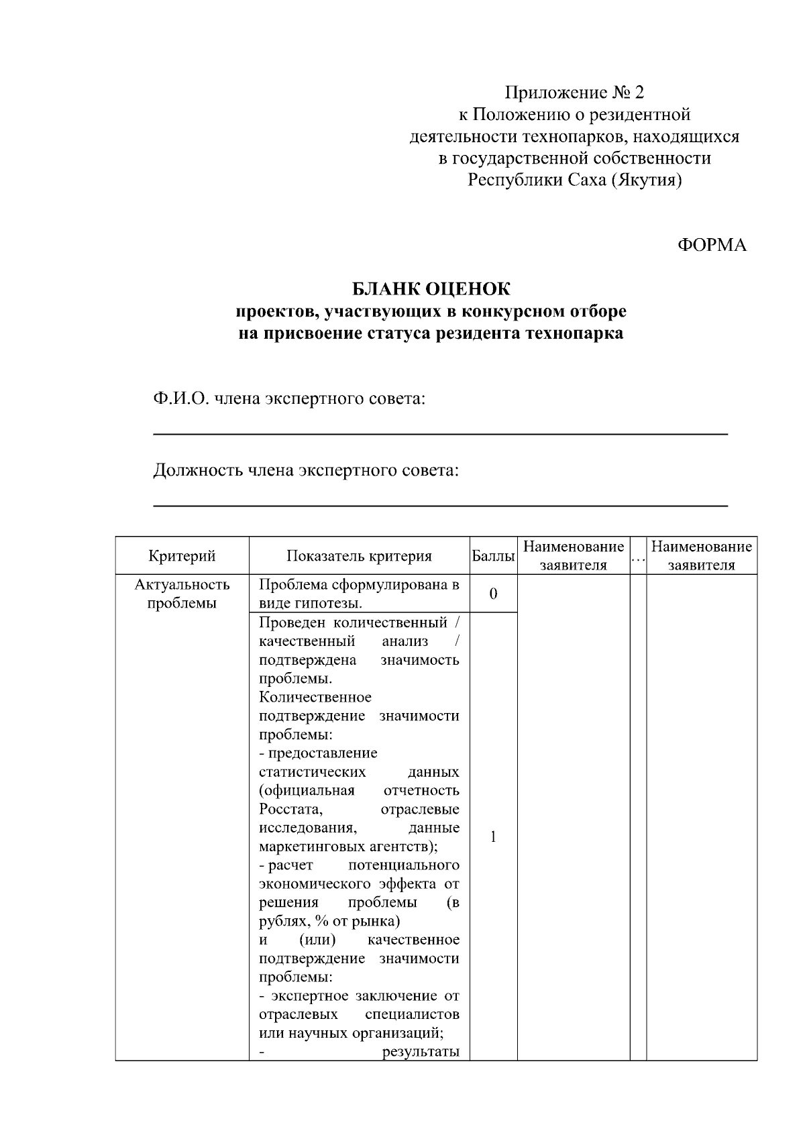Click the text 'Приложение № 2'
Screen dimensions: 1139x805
coord(574,93)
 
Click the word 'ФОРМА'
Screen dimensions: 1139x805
coord(711,246)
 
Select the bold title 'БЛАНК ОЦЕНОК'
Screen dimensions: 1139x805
coord(431,289)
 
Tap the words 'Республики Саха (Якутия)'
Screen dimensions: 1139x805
coord(574,180)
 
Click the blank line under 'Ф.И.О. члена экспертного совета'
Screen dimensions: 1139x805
coord(440,433)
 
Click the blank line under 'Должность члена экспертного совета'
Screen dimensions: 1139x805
coord(440,504)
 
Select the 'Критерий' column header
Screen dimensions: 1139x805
coord(182,556)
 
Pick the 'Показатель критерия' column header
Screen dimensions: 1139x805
coord(359,556)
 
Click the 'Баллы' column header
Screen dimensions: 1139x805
coord(493,556)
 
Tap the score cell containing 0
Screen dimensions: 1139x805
coord(493,594)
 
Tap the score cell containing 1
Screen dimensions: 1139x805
coord(493,836)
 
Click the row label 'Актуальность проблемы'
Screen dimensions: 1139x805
coord(182,594)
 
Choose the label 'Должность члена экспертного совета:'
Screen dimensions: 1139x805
coord(306,470)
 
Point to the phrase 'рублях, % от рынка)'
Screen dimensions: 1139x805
coord(329,921)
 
